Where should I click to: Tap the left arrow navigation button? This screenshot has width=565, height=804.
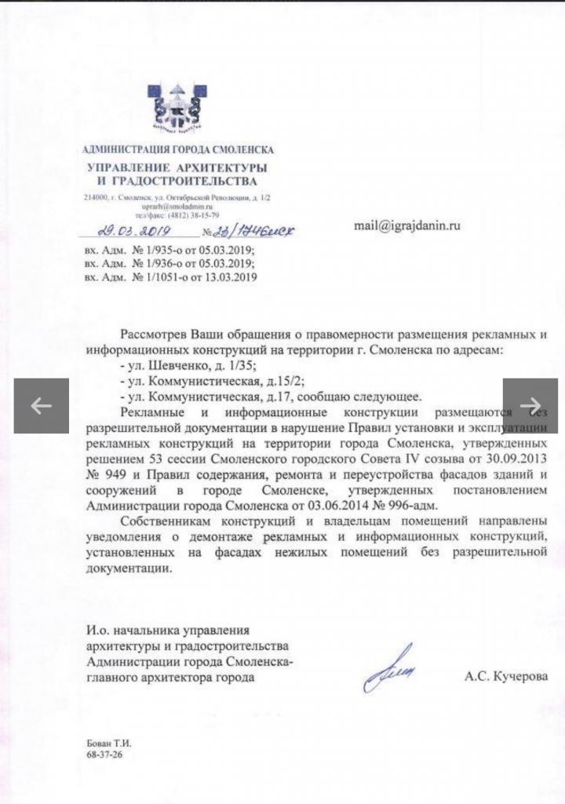[41, 405]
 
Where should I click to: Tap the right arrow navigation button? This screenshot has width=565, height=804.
[530, 405]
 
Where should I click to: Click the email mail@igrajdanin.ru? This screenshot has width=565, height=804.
[406, 225]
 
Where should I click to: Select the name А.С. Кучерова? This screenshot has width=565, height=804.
[506, 676]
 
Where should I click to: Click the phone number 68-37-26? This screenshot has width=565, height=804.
[104, 753]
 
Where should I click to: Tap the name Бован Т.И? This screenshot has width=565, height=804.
[106, 742]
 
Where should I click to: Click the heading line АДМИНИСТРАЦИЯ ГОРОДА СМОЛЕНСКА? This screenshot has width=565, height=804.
[178, 150]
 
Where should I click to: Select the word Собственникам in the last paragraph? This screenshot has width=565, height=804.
[166, 522]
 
